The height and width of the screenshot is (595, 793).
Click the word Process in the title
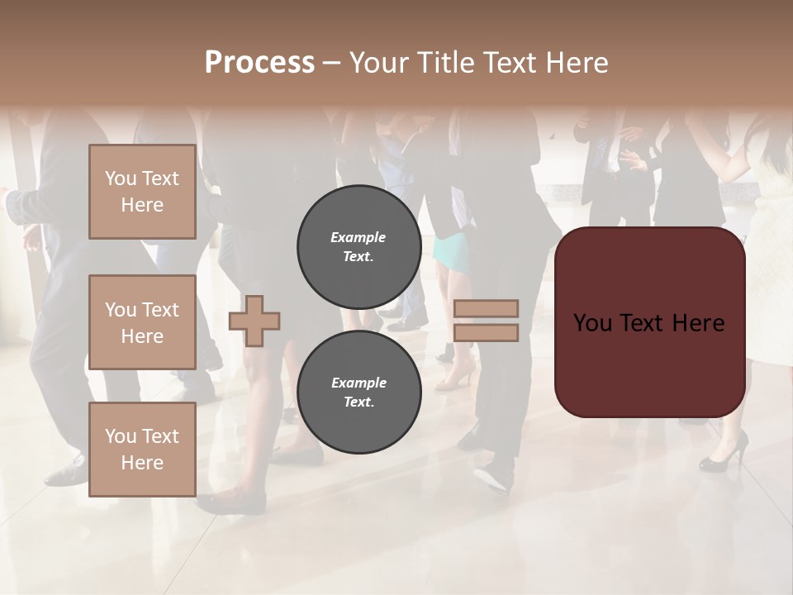point(259,63)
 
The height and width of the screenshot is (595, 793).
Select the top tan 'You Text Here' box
point(142,192)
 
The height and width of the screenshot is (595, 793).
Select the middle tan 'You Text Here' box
point(142,322)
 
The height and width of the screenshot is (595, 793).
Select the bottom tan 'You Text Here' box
point(142,450)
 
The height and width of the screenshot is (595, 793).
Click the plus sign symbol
point(254,321)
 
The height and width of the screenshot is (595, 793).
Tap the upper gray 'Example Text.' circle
point(359,247)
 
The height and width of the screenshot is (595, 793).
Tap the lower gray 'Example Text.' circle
point(359,393)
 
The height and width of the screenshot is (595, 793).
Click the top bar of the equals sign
point(486,308)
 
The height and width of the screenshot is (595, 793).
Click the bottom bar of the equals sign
point(486,333)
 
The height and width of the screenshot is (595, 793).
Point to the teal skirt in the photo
point(451,251)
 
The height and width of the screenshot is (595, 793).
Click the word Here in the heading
point(576,63)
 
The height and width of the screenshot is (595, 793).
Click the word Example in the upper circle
point(359,237)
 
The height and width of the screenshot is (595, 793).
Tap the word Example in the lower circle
point(359,383)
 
